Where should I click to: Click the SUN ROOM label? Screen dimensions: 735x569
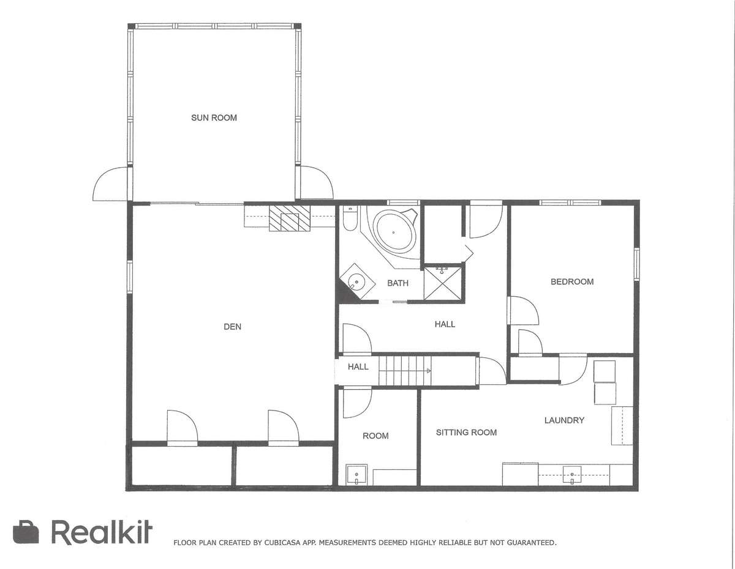[x=214, y=118]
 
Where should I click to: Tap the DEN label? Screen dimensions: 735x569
[x=232, y=327]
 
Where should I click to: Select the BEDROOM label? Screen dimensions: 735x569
[x=572, y=282]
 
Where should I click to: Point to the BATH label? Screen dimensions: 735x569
[x=398, y=283]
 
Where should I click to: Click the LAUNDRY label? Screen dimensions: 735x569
[x=564, y=420]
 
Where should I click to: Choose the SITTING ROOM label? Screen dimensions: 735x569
[x=466, y=433]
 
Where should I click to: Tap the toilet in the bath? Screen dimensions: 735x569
[x=350, y=219]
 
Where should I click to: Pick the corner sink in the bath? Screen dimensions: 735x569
[x=357, y=281]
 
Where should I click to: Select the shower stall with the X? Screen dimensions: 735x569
[x=442, y=283]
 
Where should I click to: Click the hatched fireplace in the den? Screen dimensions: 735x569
[x=290, y=218]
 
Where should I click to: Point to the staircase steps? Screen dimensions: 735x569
[x=404, y=371]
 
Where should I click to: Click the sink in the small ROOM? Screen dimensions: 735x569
[x=356, y=475]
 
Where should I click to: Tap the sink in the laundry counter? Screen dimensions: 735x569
[x=572, y=475]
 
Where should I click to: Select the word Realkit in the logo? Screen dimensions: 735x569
[x=102, y=533]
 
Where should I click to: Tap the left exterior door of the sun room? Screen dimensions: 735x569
[x=111, y=184]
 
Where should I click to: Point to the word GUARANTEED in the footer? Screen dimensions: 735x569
[x=532, y=543]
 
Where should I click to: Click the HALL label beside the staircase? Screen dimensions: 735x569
[x=358, y=367]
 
